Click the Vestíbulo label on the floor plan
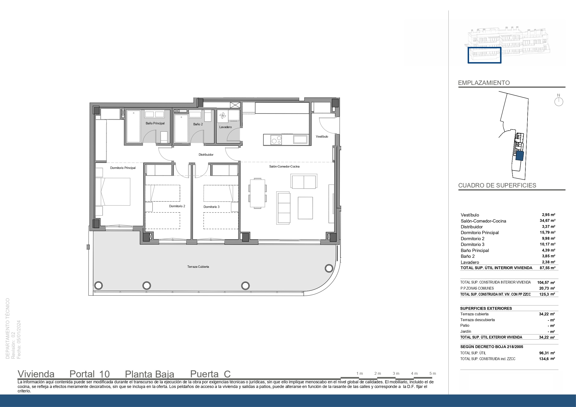click(x=322, y=137)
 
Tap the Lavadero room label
click(x=225, y=127)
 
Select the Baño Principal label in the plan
click(x=155, y=123)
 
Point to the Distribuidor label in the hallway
click(x=206, y=155)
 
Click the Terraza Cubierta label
click(x=198, y=267)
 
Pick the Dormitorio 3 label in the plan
click(x=212, y=207)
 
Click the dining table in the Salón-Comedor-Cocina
click(x=258, y=193)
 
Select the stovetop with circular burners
click(x=276, y=140)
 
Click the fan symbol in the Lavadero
click(x=222, y=116)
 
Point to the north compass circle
click(x=559, y=102)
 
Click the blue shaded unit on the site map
click(x=520, y=156)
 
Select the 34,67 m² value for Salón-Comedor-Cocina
click(x=547, y=221)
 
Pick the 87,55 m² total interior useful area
click(x=547, y=268)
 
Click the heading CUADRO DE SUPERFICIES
click(x=497, y=185)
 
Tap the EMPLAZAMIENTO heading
click(x=484, y=83)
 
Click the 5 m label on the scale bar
click(x=433, y=373)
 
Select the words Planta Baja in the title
click(x=150, y=374)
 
